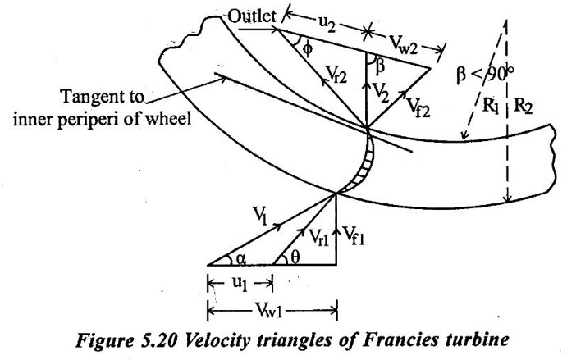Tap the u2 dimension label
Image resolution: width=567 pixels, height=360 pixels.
click(327, 24)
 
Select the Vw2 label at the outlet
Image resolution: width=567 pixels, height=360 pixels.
click(404, 45)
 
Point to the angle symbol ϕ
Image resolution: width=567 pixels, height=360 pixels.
click(307, 49)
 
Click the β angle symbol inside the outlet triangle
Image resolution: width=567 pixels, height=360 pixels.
click(379, 66)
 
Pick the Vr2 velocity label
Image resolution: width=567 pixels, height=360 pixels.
click(336, 75)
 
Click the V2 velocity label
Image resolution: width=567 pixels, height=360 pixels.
click(381, 93)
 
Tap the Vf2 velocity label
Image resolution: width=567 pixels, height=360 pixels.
click(418, 107)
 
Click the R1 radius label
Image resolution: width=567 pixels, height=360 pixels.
click(491, 106)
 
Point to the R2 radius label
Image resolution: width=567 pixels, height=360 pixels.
click(524, 106)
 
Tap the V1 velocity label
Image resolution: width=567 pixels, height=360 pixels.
click(260, 216)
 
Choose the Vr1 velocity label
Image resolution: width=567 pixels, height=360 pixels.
click(318, 238)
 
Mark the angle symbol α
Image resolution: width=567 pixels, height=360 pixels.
click(241, 259)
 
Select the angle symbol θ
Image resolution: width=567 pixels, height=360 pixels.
click(295, 257)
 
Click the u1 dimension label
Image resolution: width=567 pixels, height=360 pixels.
click(240, 284)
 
